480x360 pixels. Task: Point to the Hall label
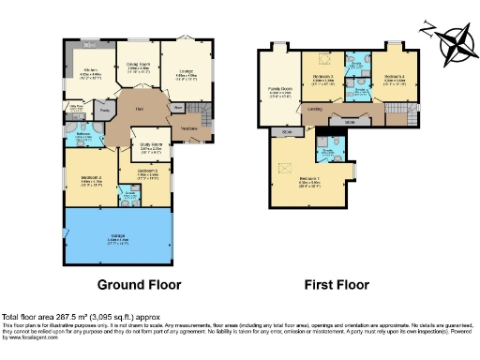(137, 110)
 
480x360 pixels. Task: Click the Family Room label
(278, 92)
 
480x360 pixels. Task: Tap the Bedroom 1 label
(311, 183)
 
